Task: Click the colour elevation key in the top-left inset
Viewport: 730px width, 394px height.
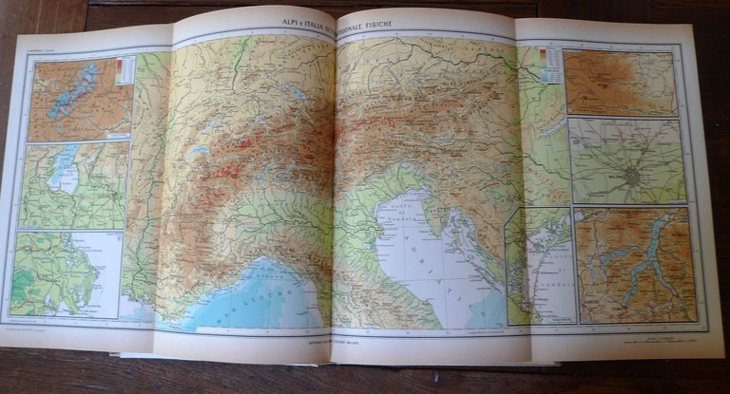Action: pyautogui.click(x=122, y=70)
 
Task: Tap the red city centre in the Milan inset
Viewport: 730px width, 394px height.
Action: pyautogui.click(x=630, y=176)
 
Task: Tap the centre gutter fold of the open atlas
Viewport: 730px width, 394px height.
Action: pyautogui.click(x=334, y=190)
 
